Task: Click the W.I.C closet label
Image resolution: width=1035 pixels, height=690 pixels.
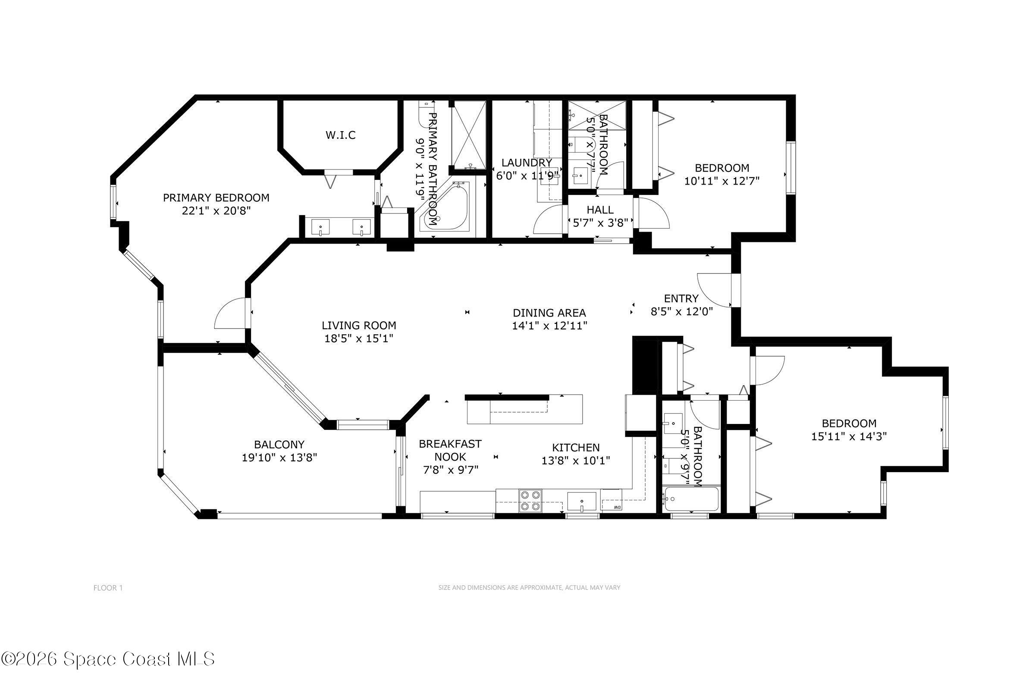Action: pos(341,135)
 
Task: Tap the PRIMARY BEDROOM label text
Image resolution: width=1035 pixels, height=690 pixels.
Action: pos(216,198)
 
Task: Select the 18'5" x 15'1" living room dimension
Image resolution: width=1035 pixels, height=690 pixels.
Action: pos(359,339)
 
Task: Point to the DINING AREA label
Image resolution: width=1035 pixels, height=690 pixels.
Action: pos(549,313)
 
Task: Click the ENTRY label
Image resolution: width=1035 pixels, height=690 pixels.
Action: pos(681,298)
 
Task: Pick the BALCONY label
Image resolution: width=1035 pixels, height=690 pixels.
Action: pos(279,445)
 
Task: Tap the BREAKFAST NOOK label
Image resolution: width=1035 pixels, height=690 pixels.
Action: pos(450,450)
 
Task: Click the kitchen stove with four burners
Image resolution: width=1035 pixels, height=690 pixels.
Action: pos(530,501)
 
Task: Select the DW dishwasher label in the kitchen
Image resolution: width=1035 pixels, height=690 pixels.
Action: pos(618,508)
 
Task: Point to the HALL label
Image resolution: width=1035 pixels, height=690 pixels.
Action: pos(600,210)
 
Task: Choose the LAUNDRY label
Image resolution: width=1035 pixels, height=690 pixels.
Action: pos(526,163)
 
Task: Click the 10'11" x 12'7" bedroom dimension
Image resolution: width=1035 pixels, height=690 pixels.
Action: pos(721,181)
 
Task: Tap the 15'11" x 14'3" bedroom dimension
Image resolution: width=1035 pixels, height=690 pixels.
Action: pos(849,436)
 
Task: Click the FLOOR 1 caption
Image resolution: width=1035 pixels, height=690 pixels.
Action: pos(108,588)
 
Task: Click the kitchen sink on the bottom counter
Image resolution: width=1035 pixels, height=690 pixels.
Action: pos(581,502)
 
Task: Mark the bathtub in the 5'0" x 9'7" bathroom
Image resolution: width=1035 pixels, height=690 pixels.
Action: pos(691,499)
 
